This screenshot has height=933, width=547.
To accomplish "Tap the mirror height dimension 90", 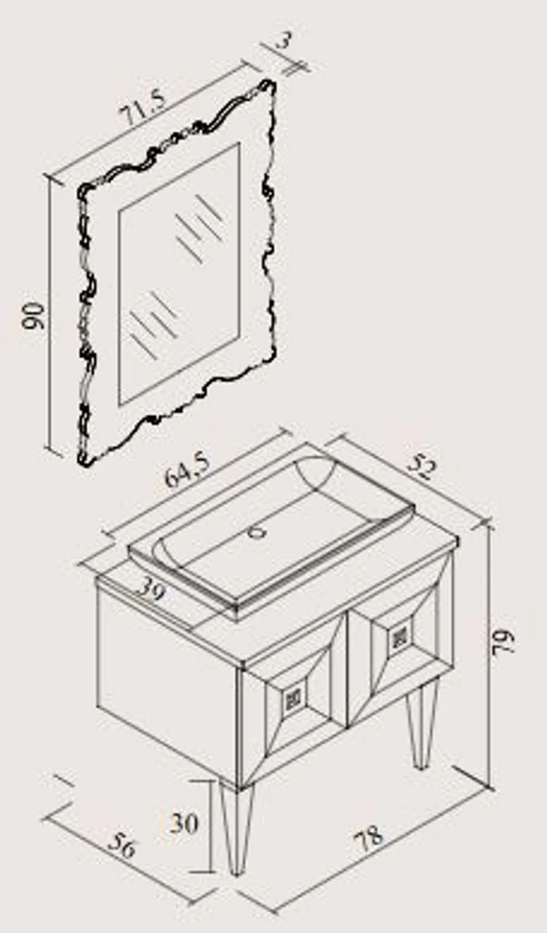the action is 33,316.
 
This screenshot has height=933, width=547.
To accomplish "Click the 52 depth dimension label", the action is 422,468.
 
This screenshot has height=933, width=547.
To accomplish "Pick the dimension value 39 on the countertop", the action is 151,590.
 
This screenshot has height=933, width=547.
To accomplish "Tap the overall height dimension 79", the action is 503,639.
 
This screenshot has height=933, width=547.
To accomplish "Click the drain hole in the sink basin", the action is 256,532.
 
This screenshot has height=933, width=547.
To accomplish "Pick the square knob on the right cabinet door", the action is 398,637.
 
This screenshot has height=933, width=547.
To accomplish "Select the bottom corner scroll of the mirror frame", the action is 86,456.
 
